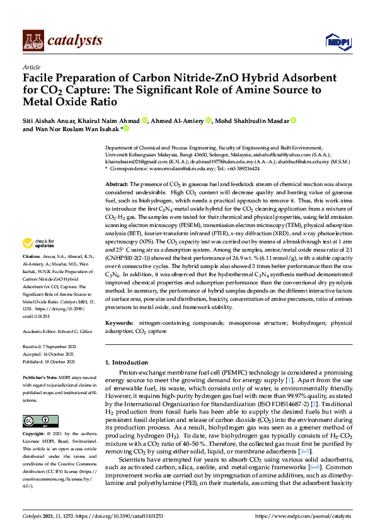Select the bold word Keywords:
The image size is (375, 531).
120,323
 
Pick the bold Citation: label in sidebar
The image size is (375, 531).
32,275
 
